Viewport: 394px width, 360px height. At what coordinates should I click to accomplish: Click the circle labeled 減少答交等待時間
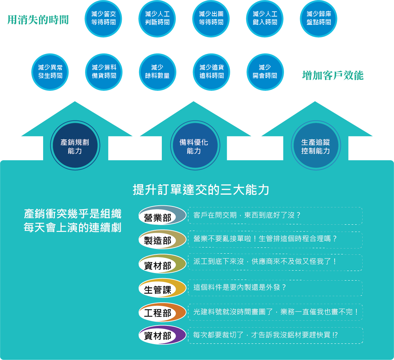click(104, 19)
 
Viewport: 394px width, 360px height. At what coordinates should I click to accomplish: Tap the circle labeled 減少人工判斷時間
click(157, 19)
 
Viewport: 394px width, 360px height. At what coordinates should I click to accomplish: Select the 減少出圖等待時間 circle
click(211, 19)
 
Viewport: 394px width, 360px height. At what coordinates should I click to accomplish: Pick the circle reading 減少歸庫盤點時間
click(318, 19)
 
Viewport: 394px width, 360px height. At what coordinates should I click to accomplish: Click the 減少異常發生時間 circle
click(50, 72)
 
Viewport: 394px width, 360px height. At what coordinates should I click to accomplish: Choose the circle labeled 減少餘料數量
click(158, 72)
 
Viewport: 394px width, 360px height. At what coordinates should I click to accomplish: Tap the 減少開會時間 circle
click(265, 72)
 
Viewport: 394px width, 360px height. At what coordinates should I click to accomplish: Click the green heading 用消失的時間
click(38, 20)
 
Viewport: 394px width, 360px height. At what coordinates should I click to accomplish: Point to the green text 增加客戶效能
click(333, 75)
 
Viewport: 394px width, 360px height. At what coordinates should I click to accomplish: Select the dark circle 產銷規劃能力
click(75, 146)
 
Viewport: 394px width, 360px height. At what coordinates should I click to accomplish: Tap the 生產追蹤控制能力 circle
click(316, 146)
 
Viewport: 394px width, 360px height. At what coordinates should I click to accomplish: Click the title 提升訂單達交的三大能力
click(201, 190)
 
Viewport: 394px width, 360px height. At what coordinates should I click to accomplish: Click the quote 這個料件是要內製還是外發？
click(240, 288)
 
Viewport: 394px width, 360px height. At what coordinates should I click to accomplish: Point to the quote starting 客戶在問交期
click(247, 215)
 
